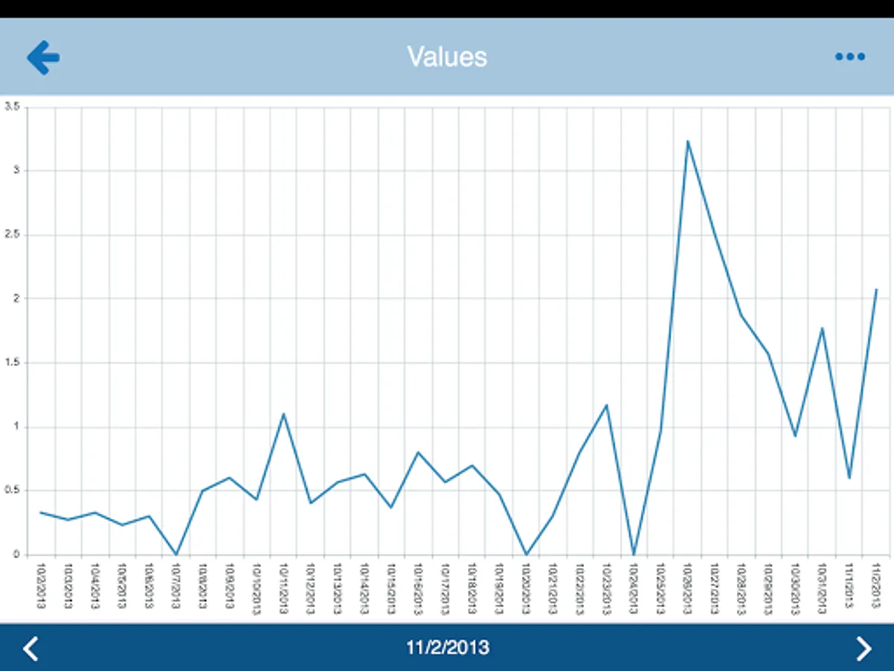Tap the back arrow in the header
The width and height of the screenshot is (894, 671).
pos(43,57)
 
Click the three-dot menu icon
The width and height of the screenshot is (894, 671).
pos(849,57)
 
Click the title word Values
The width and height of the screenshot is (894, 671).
pos(447,57)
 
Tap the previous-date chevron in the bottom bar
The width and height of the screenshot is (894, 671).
pos(30,648)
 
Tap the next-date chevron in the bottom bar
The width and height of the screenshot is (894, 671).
pos(863,648)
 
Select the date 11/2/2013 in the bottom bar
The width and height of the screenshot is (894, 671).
pos(448,647)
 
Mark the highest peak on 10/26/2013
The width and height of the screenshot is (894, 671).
pos(688,141)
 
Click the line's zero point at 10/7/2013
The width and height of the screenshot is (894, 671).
pos(176,554)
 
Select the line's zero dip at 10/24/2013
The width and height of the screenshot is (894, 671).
pos(634,554)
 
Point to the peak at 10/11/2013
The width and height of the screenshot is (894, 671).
pos(283,414)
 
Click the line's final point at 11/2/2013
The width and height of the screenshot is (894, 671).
pos(876,289)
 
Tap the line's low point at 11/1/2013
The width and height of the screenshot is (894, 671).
pos(849,478)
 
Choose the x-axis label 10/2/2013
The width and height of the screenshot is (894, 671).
pos(40,587)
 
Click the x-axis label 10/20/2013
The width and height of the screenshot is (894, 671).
pos(526,587)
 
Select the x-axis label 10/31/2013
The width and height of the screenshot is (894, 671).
pos(822,587)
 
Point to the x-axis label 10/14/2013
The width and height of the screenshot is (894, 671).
pos(364,587)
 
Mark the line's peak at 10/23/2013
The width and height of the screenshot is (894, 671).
pos(607,405)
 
